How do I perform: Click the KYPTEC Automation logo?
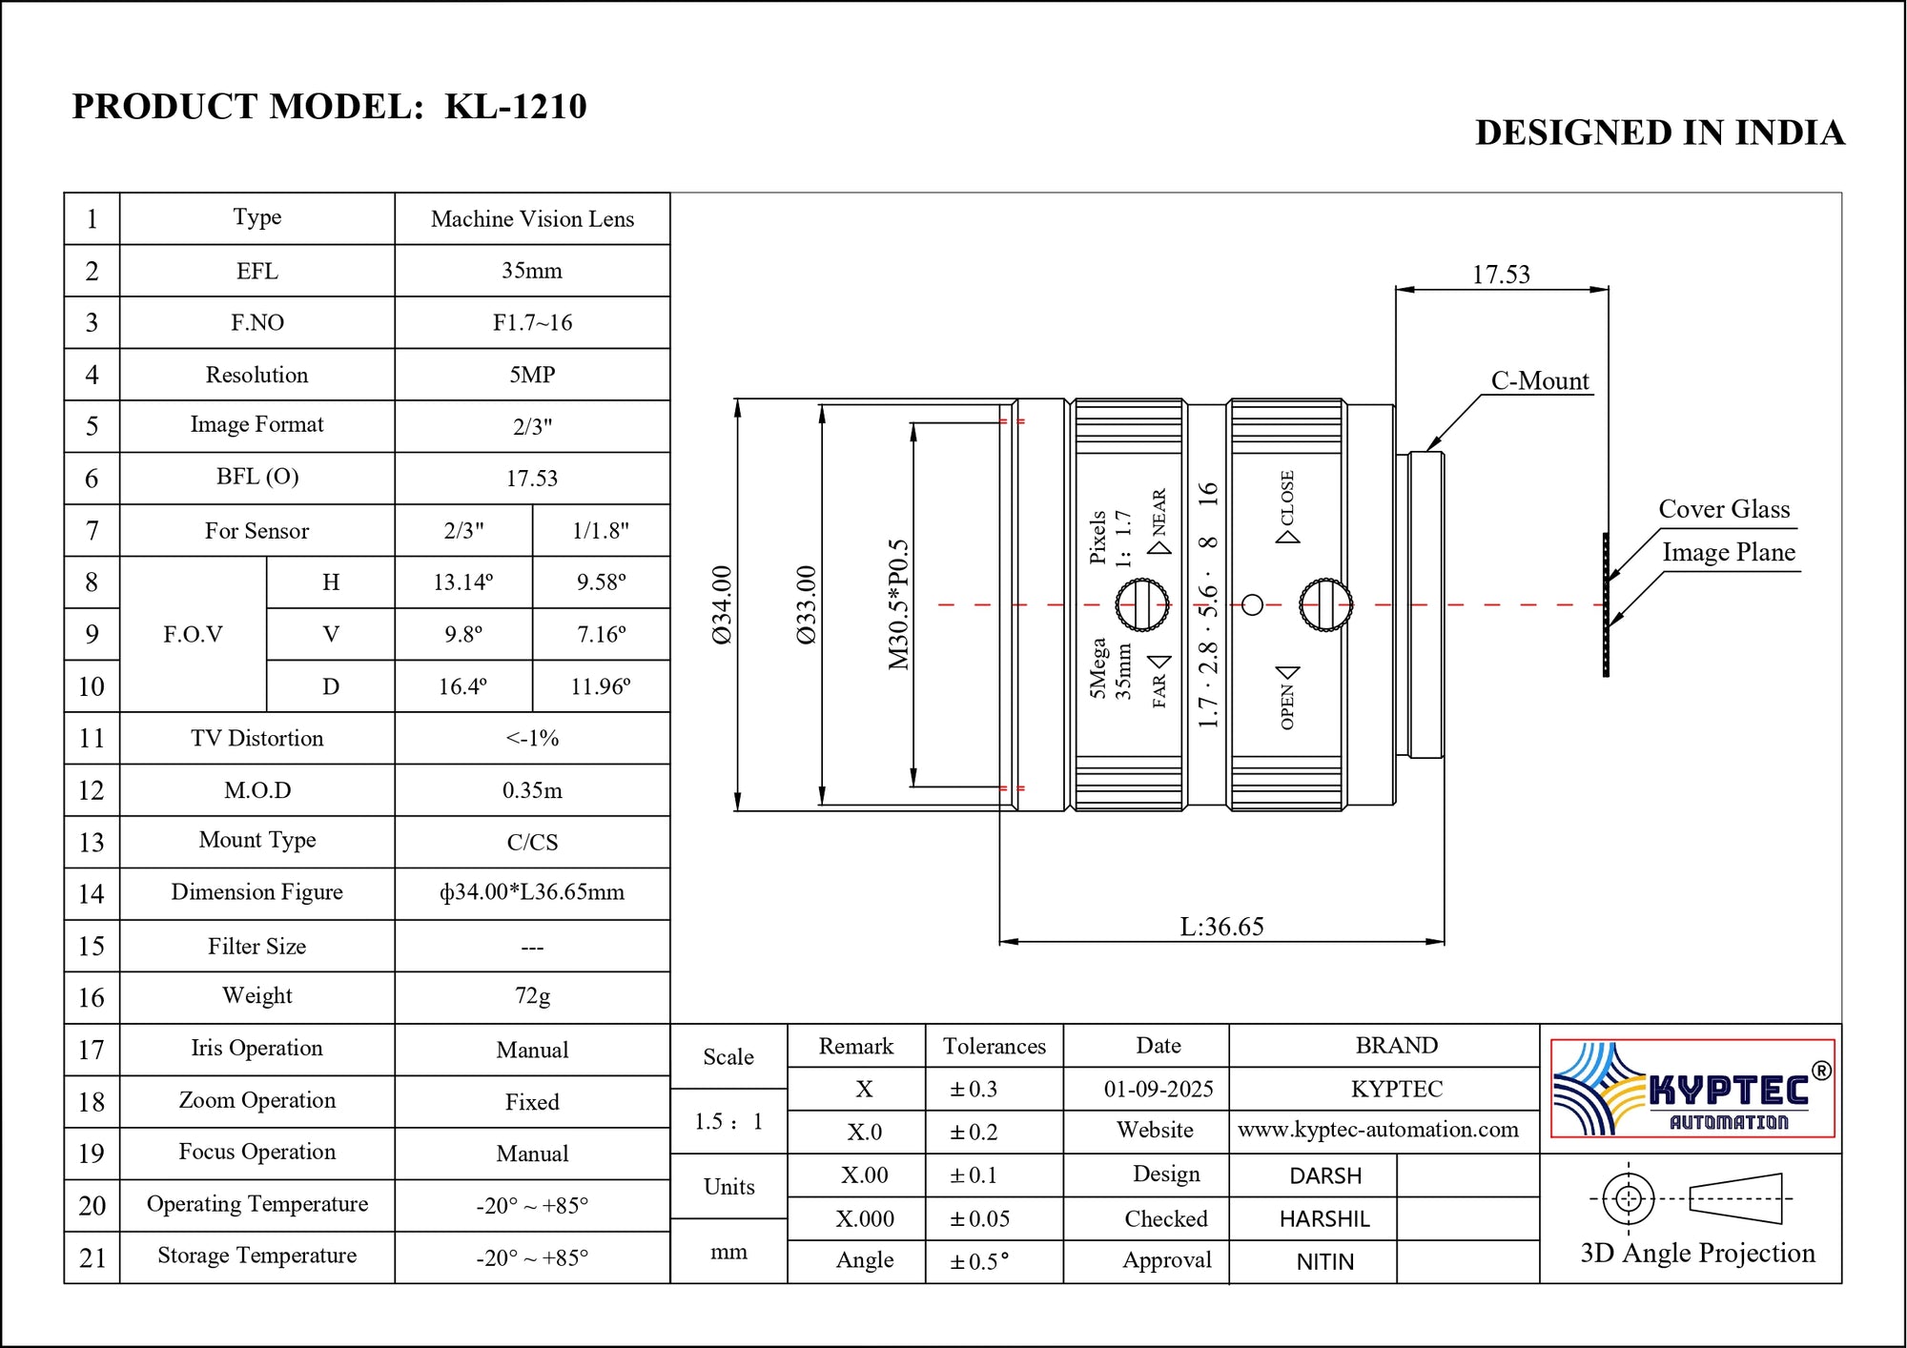point(1692,1088)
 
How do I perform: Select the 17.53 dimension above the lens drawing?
point(1500,276)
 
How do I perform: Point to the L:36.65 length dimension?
point(1221,927)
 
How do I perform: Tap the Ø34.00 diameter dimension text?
point(722,604)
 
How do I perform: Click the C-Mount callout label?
point(1539,381)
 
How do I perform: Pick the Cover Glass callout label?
point(1723,509)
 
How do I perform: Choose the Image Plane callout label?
point(1728,552)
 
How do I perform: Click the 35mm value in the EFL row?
point(532,271)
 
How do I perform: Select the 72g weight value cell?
point(532,996)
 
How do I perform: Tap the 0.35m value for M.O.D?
point(532,790)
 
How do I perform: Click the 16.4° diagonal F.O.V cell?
point(462,686)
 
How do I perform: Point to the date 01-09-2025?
point(1158,1089)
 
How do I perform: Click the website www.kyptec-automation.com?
point(1377,1130)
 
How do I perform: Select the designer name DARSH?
point(1324,1176)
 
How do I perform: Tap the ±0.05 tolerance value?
point(979,1219)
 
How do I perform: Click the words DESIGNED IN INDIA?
point(1659,133)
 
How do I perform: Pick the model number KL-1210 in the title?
point(516,106)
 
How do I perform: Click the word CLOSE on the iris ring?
point(1287,498)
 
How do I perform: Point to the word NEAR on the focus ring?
point(1159,512)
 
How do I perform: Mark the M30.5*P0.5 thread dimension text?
point(898,604)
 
